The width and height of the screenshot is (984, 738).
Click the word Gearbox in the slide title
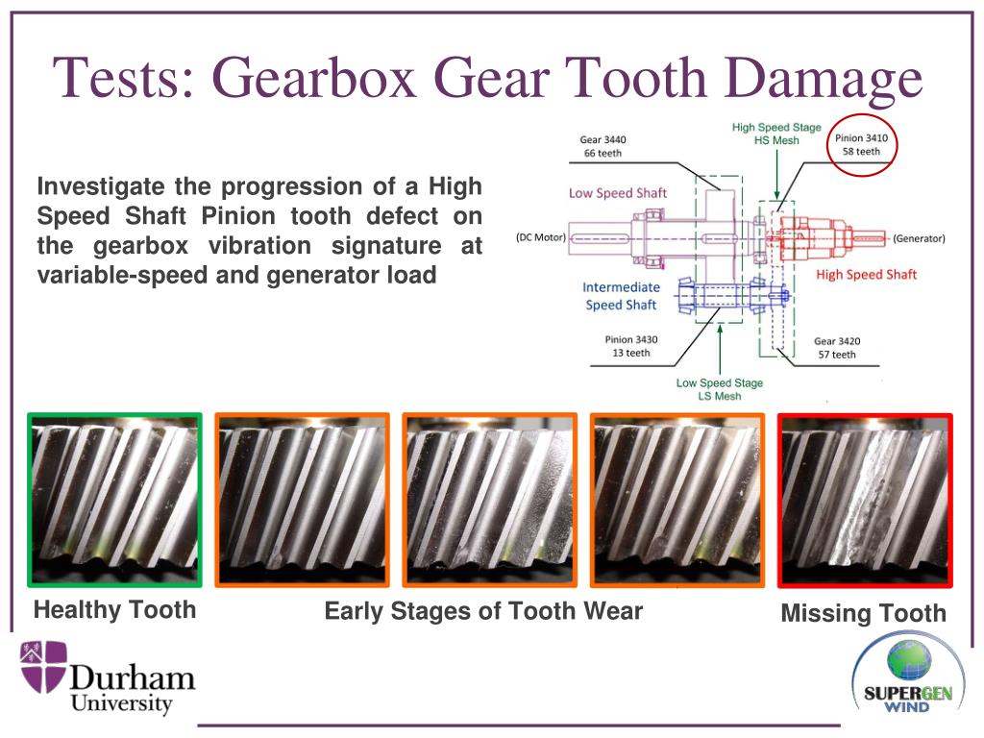click(310, 80)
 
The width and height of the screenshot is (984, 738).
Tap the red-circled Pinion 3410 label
click(861, 145)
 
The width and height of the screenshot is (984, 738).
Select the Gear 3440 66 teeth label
click(604, 146)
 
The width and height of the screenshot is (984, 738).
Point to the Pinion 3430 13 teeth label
click(631, 346)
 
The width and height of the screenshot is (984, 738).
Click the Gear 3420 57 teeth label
click(835, 348)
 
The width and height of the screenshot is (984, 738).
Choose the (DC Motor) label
click(539, 236)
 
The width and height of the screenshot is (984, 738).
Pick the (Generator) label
click(919, 238)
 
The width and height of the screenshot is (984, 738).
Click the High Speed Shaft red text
click(866, 275)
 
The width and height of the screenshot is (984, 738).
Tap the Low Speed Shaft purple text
click(617, 193)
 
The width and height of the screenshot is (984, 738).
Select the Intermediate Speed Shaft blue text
click(621, 296)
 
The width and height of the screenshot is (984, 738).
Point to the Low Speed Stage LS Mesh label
click(719, 389)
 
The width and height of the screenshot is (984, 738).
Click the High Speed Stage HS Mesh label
click(775, 134)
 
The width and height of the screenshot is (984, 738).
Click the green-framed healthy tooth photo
click(114, 500)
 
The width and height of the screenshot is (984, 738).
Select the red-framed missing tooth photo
click(865, 500)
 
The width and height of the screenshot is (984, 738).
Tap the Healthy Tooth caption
click(114, 609)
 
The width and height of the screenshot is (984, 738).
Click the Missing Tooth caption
click(863, 613)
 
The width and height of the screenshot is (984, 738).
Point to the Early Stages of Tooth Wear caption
click(483, 611)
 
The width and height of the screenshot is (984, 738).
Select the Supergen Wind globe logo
click(901, 666)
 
